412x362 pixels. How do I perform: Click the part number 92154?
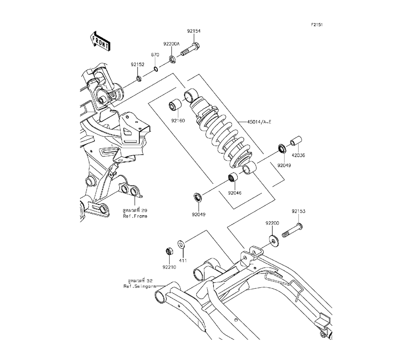[194, 31]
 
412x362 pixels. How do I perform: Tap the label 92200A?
[171, 44]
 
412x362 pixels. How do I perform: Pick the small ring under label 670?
[155, 69]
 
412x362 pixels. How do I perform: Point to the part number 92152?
[138, 65]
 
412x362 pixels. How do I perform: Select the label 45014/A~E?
[259, 122]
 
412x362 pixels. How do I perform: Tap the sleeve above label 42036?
[296, 141]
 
